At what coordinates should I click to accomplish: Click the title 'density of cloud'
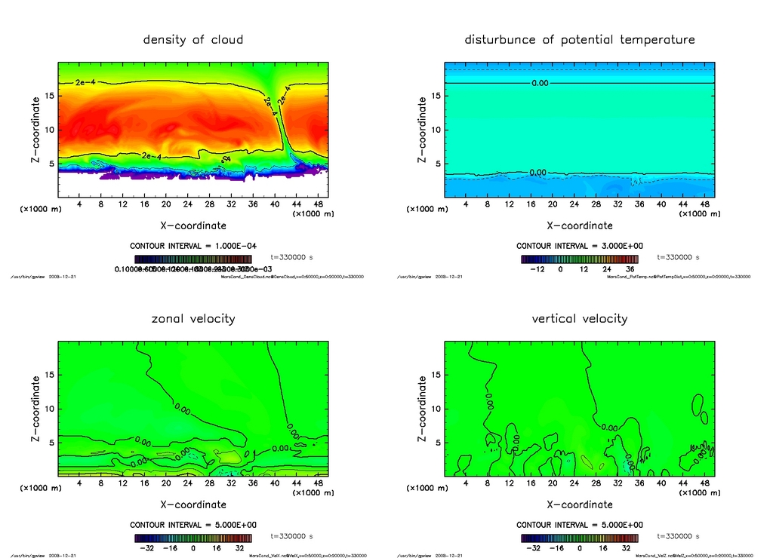(193, 39)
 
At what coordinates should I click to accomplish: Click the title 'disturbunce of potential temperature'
(579, 39)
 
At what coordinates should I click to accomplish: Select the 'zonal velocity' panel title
(193, 318)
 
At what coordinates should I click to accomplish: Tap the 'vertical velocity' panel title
(579, 318)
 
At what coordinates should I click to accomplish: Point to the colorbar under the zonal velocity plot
(192, 538)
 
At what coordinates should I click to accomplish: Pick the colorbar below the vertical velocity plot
(579, 538)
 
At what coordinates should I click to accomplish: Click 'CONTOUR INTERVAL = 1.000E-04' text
(193, 247)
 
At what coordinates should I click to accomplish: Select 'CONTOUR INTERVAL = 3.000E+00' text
(580, 247)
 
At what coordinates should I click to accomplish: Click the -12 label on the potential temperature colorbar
(537, 269)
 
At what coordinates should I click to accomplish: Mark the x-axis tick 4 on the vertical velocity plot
(466, 483)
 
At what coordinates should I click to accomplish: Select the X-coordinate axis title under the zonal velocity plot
(192, 504)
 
